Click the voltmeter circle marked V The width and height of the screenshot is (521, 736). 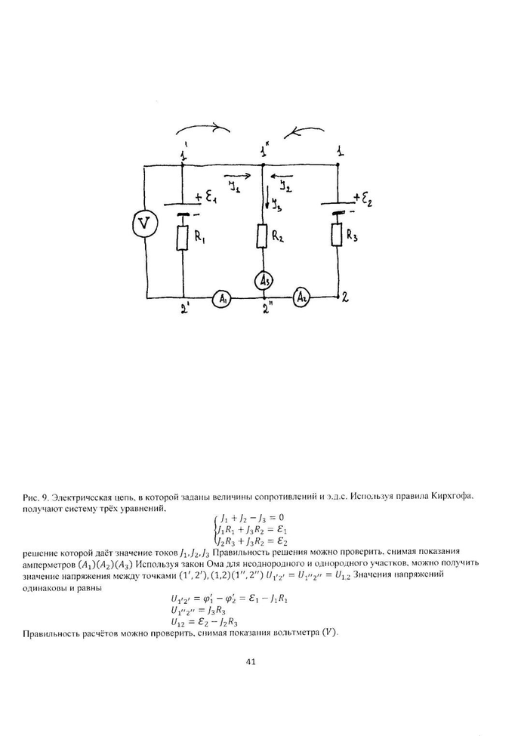pos(143,223)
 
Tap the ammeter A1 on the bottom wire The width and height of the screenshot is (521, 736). pos(222,299)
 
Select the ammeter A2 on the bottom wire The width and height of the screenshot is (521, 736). pos(302,297)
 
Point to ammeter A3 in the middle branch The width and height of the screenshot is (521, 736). pos(265,279)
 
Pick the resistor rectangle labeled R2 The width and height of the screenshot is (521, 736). pos(264,236)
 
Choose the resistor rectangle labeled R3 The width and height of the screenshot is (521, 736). pos(336,235)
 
